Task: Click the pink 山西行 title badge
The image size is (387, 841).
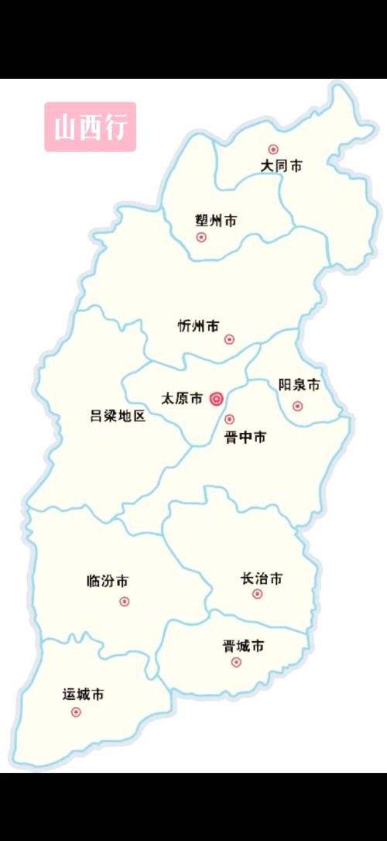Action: [x=90, y=127]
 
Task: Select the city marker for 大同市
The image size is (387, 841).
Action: [x=272, y=149]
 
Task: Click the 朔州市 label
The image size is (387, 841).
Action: [x=216, y=221]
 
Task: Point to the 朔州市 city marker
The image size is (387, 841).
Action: [x=201, y=238]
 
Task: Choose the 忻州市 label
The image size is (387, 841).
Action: [x=198, y=326]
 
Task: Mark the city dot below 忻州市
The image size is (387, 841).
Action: [x=229, y=339]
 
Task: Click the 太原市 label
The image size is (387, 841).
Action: [x=181, y=399]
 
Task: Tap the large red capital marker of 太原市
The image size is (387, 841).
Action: [x=217, y=400]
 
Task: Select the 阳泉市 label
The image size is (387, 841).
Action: [x=300, y=385]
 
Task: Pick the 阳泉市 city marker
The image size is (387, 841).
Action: [x=297, y=406]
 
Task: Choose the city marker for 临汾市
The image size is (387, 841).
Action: [x=125, y=602]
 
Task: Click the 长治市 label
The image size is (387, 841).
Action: [x=262, y=578]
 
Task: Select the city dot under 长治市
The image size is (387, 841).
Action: [x=258, y=595]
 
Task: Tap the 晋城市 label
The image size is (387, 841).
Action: [x=243, y=645]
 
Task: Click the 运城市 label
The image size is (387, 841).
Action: [x=84, y=695]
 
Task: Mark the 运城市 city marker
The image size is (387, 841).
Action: [x=76, y=712]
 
